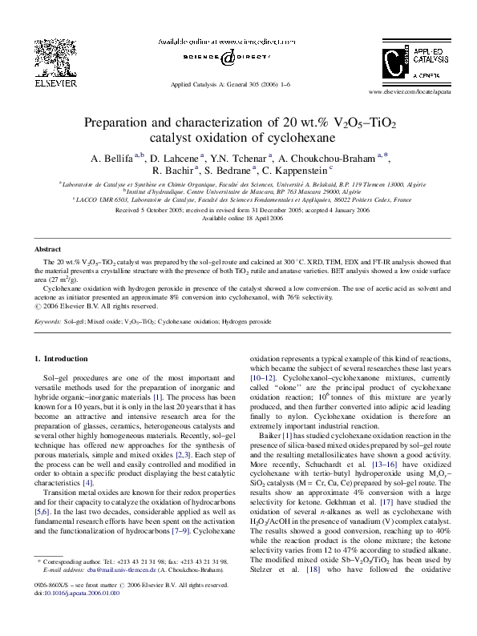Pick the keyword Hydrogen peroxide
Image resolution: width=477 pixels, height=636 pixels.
pyautogui.click(x=247, y=321)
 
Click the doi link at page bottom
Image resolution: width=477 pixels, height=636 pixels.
pyautogui.click(x=79, y=616)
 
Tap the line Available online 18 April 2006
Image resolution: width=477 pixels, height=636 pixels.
pyautogui.click(x=238, y=218)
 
